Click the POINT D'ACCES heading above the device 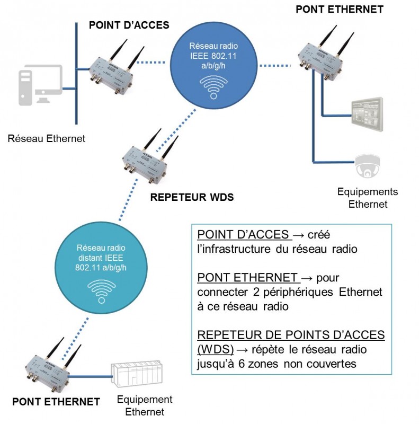coord(129,25)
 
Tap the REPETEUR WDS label coord(192,198)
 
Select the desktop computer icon coord(40,85)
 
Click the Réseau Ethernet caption coord(47,139)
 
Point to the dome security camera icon coord(367,165)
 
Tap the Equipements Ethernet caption coord(368,198)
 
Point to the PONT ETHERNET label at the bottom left coord(56,401)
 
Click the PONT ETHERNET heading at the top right coord(339,9)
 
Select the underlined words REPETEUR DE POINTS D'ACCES coord(291,336)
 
